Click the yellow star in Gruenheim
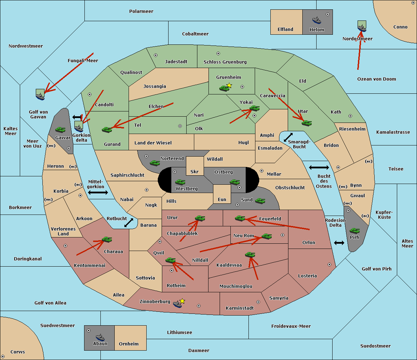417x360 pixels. [229, 85]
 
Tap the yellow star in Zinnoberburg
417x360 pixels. [182, 301]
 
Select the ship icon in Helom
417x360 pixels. [316, 20]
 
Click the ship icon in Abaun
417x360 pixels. [100, 337]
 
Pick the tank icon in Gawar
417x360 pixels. [60, 129]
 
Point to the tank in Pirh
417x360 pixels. [354, 231]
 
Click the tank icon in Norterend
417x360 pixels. [155, 163]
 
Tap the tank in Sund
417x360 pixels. [260, 201]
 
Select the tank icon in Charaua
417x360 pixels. [107, 240]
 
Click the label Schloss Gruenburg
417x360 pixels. [225, 62]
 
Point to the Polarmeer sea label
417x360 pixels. [141, 11]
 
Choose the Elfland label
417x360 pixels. [285, 30]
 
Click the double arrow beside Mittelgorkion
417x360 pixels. [98, 193]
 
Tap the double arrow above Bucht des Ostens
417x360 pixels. [319, 168]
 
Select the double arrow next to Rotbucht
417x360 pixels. [129, 223]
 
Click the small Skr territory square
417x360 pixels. [195, 166]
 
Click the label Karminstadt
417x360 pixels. [240, 308]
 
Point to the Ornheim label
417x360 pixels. [129, 344]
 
